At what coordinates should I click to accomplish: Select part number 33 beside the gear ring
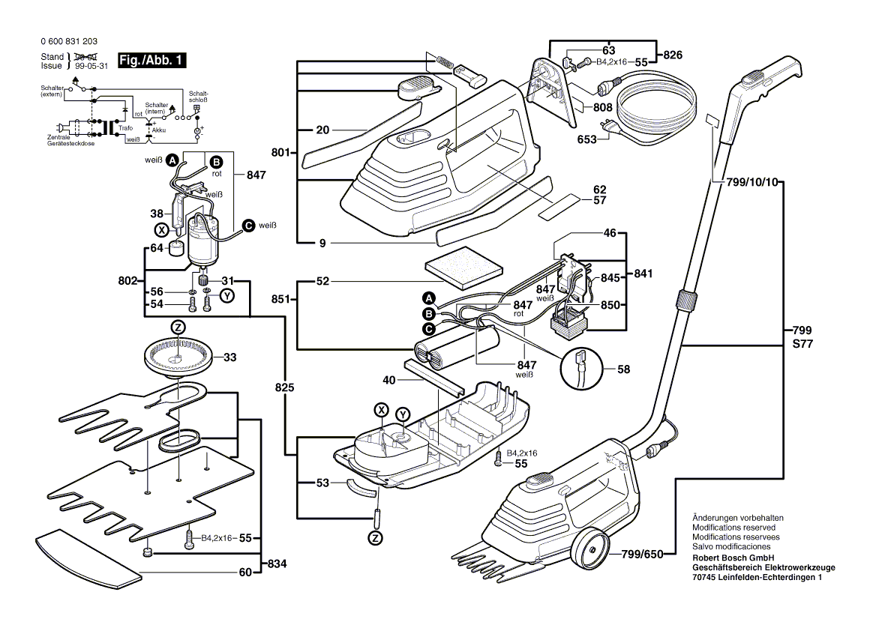[x=229, y=357]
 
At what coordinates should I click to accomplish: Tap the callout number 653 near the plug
[x=586, y=139]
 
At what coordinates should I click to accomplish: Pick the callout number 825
[x=284, y=388]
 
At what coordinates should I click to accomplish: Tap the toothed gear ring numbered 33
[x=178, y=357]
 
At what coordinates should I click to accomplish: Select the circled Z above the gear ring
[x=178, y=327]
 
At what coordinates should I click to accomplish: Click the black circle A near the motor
[x=172, y=160]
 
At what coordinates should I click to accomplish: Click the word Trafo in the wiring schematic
[x=125, y=128]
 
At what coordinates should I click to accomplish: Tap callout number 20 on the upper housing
[x=322, y=130]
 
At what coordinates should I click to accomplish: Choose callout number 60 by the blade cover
[x=244, y=573]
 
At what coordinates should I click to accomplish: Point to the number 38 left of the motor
[x=156, y=213]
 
